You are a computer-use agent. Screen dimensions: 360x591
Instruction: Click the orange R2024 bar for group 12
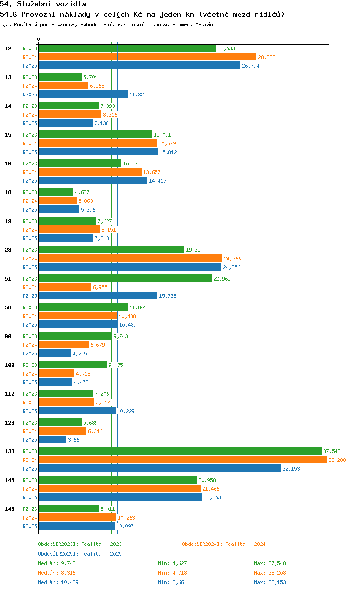[x=147, y=57]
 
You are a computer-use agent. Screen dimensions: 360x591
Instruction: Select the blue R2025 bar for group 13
[x=84, y=94]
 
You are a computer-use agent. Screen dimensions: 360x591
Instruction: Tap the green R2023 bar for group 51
[x=125, y=278]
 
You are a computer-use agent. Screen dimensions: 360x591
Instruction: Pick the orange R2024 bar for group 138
[x=183, y=460]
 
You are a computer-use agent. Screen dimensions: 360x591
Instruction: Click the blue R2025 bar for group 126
[x=52, y=439]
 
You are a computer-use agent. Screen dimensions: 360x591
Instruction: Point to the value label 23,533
[x=226, y=48]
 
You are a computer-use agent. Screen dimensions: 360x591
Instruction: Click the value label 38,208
[x=337, y=460]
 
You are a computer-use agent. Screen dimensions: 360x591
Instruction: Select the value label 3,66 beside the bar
[x=73, y=440]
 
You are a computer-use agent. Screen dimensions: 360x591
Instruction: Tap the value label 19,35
[x=193, y=250]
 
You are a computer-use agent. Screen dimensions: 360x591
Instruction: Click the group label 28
[x=8, y=250]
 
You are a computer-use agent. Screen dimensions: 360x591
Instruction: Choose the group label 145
[x=10, y=480]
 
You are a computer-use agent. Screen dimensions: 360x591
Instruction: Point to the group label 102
[x=10, y=365]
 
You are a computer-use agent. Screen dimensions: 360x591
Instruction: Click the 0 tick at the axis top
[x=38, y=39]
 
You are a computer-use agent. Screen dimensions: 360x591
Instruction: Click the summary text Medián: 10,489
[x=58, y=582]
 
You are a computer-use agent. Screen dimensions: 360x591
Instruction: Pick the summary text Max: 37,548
[x=270, y=563]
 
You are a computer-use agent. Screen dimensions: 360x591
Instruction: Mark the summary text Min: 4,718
[x=172, y=573]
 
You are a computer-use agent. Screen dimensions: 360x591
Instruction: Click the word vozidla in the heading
[x=71, y=4]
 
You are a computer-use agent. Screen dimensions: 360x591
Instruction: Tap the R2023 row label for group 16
[x=30, y=164]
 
